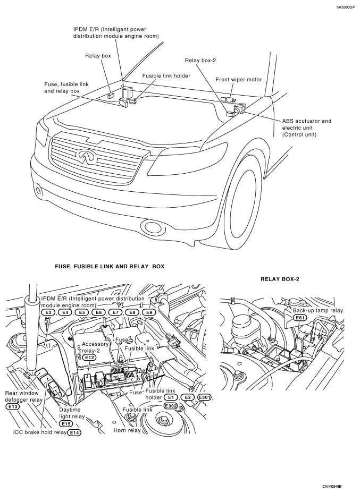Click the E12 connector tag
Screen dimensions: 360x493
(89, 357)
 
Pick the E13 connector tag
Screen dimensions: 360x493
(12, 406)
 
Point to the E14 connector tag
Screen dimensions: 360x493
(74, 432)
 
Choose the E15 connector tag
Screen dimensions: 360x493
(66, 423)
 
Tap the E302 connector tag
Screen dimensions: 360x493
(171, 406)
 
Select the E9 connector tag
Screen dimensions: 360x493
(149, 312)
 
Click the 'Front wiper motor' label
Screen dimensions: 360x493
(239, 80)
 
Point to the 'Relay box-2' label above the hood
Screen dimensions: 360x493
(200, 60)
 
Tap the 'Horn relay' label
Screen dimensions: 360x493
(127, 430)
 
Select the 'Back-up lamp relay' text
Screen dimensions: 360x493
(318, 310)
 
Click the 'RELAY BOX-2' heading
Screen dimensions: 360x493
(280, 279)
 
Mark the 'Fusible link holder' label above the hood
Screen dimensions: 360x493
(166, 76)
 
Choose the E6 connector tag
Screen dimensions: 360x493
(98, 312)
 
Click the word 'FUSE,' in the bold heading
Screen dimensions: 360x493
(63, 266)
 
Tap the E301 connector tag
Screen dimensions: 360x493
(204, 397)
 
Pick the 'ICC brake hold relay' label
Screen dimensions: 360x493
(40, 432)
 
